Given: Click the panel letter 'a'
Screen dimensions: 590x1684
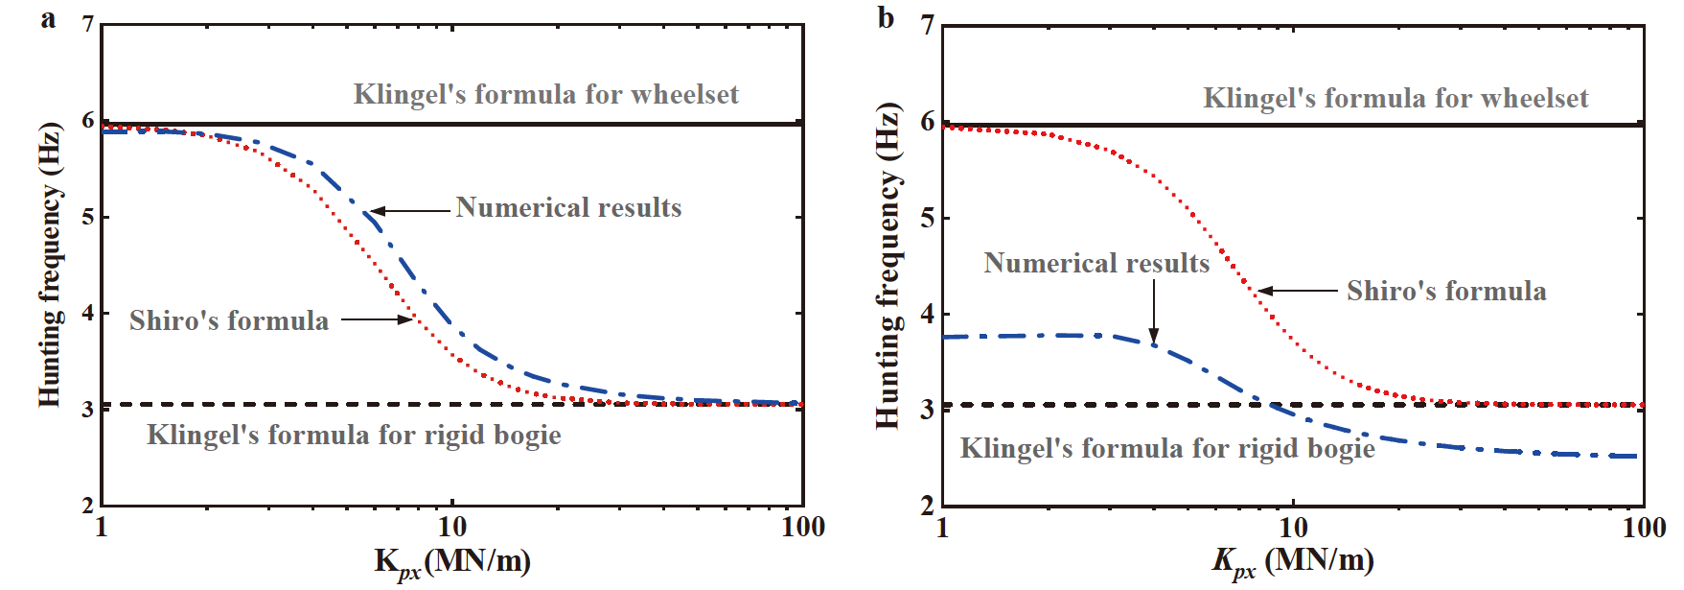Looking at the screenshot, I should (49, 19).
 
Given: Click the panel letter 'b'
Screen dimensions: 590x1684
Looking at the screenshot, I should (886, 18).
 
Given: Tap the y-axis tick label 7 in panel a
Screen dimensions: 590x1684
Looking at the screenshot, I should (88, 25).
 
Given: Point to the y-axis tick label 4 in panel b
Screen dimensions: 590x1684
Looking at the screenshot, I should (927, 314).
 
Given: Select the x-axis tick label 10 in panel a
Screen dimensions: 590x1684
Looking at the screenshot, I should (451, 527).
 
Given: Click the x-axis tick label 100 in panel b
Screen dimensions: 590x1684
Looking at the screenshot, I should (1644, 527).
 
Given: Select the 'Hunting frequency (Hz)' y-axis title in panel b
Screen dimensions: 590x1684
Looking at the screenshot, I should (888, 265).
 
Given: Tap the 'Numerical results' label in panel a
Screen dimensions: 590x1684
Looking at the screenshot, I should (568, 208).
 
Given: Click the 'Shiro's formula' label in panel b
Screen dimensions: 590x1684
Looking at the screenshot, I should (1445, 292).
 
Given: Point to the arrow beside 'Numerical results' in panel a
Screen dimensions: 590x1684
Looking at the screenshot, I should (410, 211).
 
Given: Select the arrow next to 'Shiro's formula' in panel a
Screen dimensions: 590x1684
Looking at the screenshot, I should (377, 319).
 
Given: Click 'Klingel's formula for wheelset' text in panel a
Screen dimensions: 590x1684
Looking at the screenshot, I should (545, 95).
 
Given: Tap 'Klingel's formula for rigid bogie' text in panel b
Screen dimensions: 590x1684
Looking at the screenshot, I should (1167, 449).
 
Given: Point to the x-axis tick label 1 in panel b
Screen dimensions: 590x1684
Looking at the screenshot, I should (942, 527).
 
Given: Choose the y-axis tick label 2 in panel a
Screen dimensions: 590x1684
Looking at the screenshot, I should (88, 505).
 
